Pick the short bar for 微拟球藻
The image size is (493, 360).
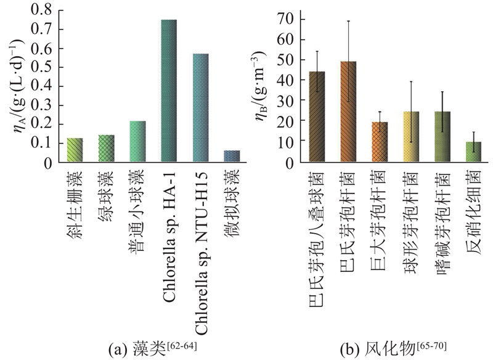point(232,156)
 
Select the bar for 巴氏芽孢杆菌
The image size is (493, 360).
point(348,111)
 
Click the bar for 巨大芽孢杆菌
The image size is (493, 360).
point(380,142)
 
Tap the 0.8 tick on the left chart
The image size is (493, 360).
point(41,10)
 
